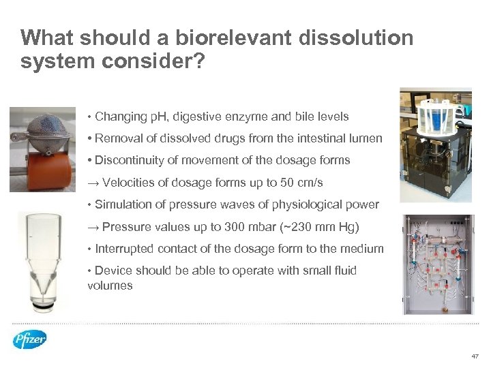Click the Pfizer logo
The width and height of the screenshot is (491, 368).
[x=30, y=339]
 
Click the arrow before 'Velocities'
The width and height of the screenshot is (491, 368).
[x=93, y=183]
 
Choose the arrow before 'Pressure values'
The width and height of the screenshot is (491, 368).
[x=93, y=227]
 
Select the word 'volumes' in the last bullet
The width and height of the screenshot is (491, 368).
[x=110, y=286]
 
